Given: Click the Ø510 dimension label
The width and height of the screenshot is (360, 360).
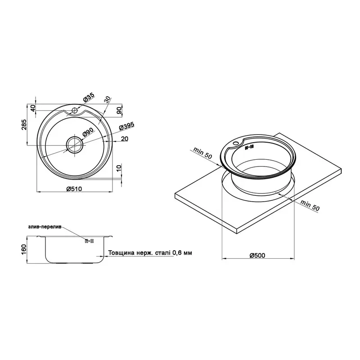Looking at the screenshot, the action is (x=74, y=189).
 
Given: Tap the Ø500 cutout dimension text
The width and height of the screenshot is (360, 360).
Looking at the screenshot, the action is (x=257, y=255).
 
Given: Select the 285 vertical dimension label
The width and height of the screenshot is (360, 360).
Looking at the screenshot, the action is (x=25, y=125).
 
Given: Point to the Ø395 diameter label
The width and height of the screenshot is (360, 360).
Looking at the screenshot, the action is (x=126, y=126).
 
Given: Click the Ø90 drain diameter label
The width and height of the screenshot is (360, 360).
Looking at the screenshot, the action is (x=88, y=132).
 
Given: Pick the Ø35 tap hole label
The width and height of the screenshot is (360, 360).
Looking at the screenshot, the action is (x=89, y=98).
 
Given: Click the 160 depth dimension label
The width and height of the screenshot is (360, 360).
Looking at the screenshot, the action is (x=25, y=249).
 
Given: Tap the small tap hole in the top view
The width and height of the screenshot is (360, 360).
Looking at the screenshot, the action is (x=74, y=110).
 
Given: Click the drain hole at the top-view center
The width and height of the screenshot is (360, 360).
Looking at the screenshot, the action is (x=75, y=145).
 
